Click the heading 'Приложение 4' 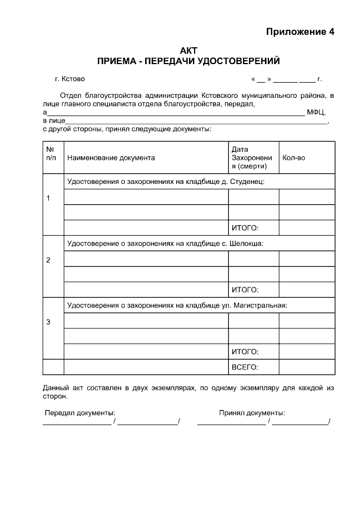300,31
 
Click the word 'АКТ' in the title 188,51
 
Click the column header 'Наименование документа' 111,158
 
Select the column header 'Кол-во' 294,158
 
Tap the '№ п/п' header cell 51,154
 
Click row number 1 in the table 48,199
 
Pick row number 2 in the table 48,260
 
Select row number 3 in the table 48,322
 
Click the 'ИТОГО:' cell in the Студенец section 245,228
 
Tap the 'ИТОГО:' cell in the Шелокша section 245,290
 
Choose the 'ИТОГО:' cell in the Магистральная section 245,352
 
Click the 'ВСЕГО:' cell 245,367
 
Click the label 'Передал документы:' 80,413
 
